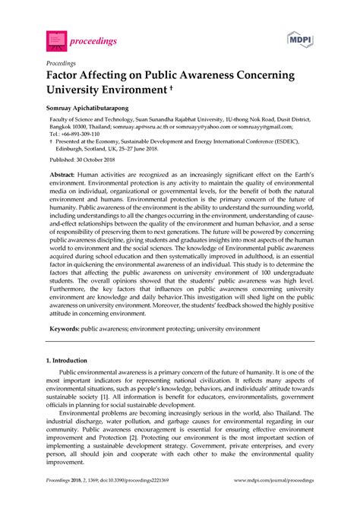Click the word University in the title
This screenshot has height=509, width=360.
click(x=77, y=93)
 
